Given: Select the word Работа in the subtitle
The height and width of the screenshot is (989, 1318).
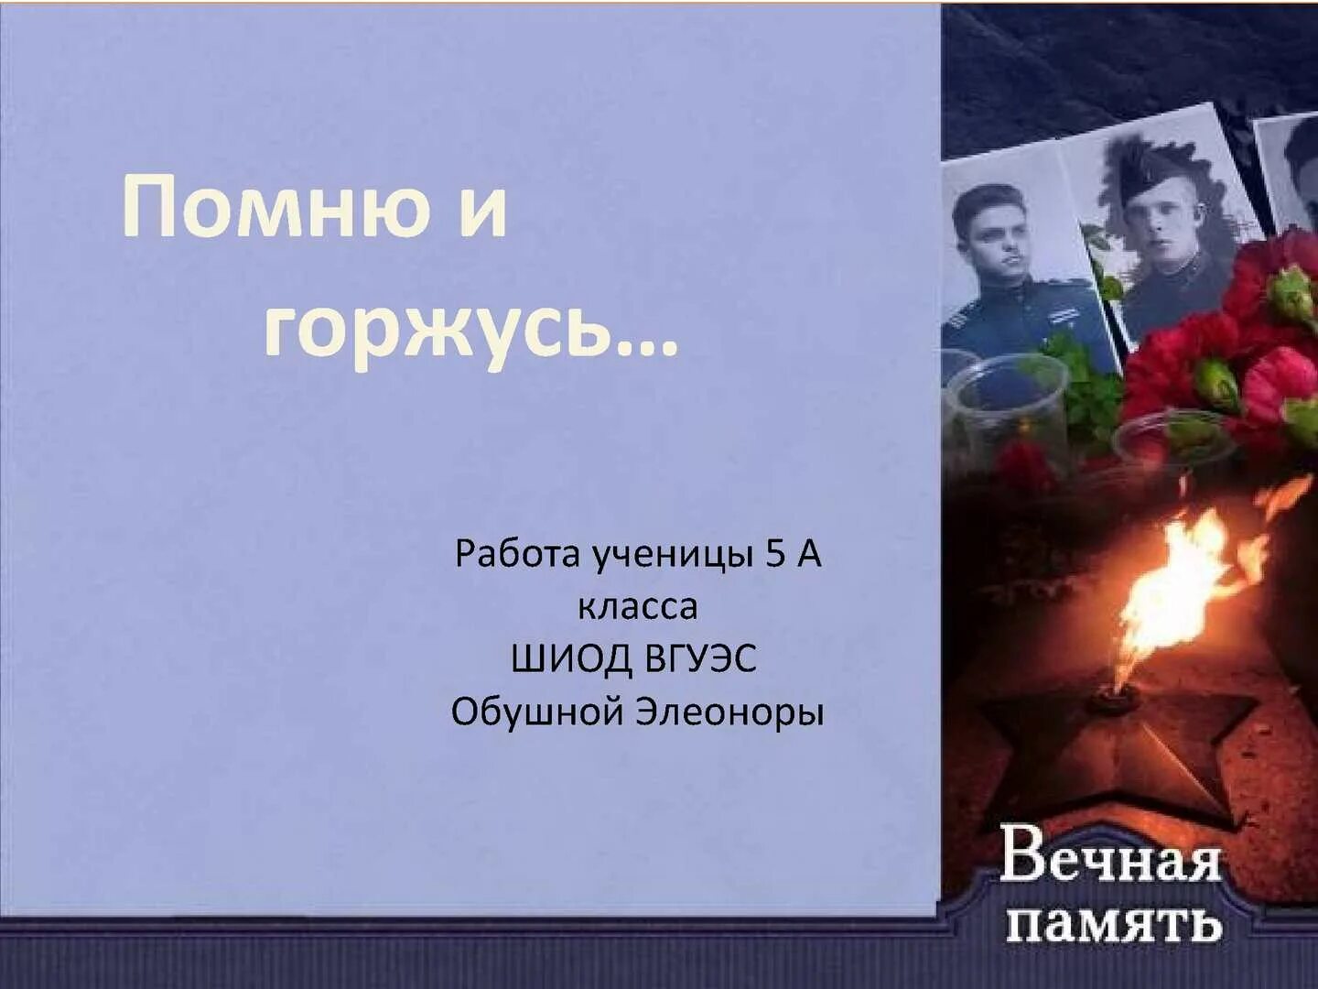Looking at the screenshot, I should [x=518, y=554].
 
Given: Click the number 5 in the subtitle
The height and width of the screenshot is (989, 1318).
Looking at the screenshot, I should [x=775, y=553].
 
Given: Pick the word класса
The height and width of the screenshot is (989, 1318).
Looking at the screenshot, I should [x=637, y=606].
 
